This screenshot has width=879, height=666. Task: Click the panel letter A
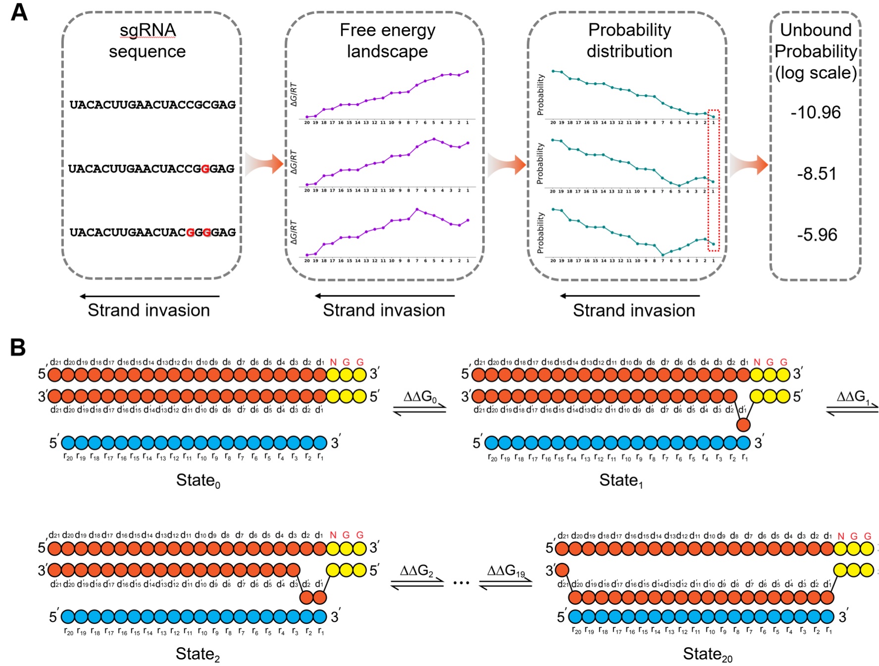tap(19, 12)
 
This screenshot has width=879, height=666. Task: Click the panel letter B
tap(18, 347)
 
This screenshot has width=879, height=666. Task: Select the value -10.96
tap(816, 112)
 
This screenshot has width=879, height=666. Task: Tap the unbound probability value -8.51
tap(817, 174)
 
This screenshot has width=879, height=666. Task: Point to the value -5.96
tap(817, 235)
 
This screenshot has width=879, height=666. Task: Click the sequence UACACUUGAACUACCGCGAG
tap(153, 105)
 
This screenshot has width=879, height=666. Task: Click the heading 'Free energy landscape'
tap(387, 41)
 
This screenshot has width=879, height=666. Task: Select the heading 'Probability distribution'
tap(629, 41)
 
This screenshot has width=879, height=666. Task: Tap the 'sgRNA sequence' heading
tap(148, 41)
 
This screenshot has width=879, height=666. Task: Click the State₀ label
tap(198, 480)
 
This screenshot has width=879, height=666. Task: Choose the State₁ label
tap(621, 480)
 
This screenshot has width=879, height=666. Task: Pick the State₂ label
tap(198, 654)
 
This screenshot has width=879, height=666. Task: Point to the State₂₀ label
tap(707, 654)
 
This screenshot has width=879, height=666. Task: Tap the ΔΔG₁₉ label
tap(506, 571)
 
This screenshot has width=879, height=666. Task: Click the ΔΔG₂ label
tap(416, 571)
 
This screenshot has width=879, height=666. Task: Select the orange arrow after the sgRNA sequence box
tap(263, 164)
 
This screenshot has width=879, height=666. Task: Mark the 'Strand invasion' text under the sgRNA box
tap(149, 310)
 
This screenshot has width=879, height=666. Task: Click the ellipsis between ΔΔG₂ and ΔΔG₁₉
tap(461, 583)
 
